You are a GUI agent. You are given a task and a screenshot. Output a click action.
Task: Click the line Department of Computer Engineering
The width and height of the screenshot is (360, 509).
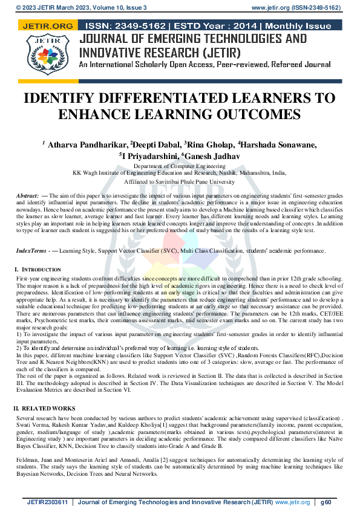coord(179,166)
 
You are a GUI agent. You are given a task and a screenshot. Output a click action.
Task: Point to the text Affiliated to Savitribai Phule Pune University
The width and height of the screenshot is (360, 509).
coord(179,181)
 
